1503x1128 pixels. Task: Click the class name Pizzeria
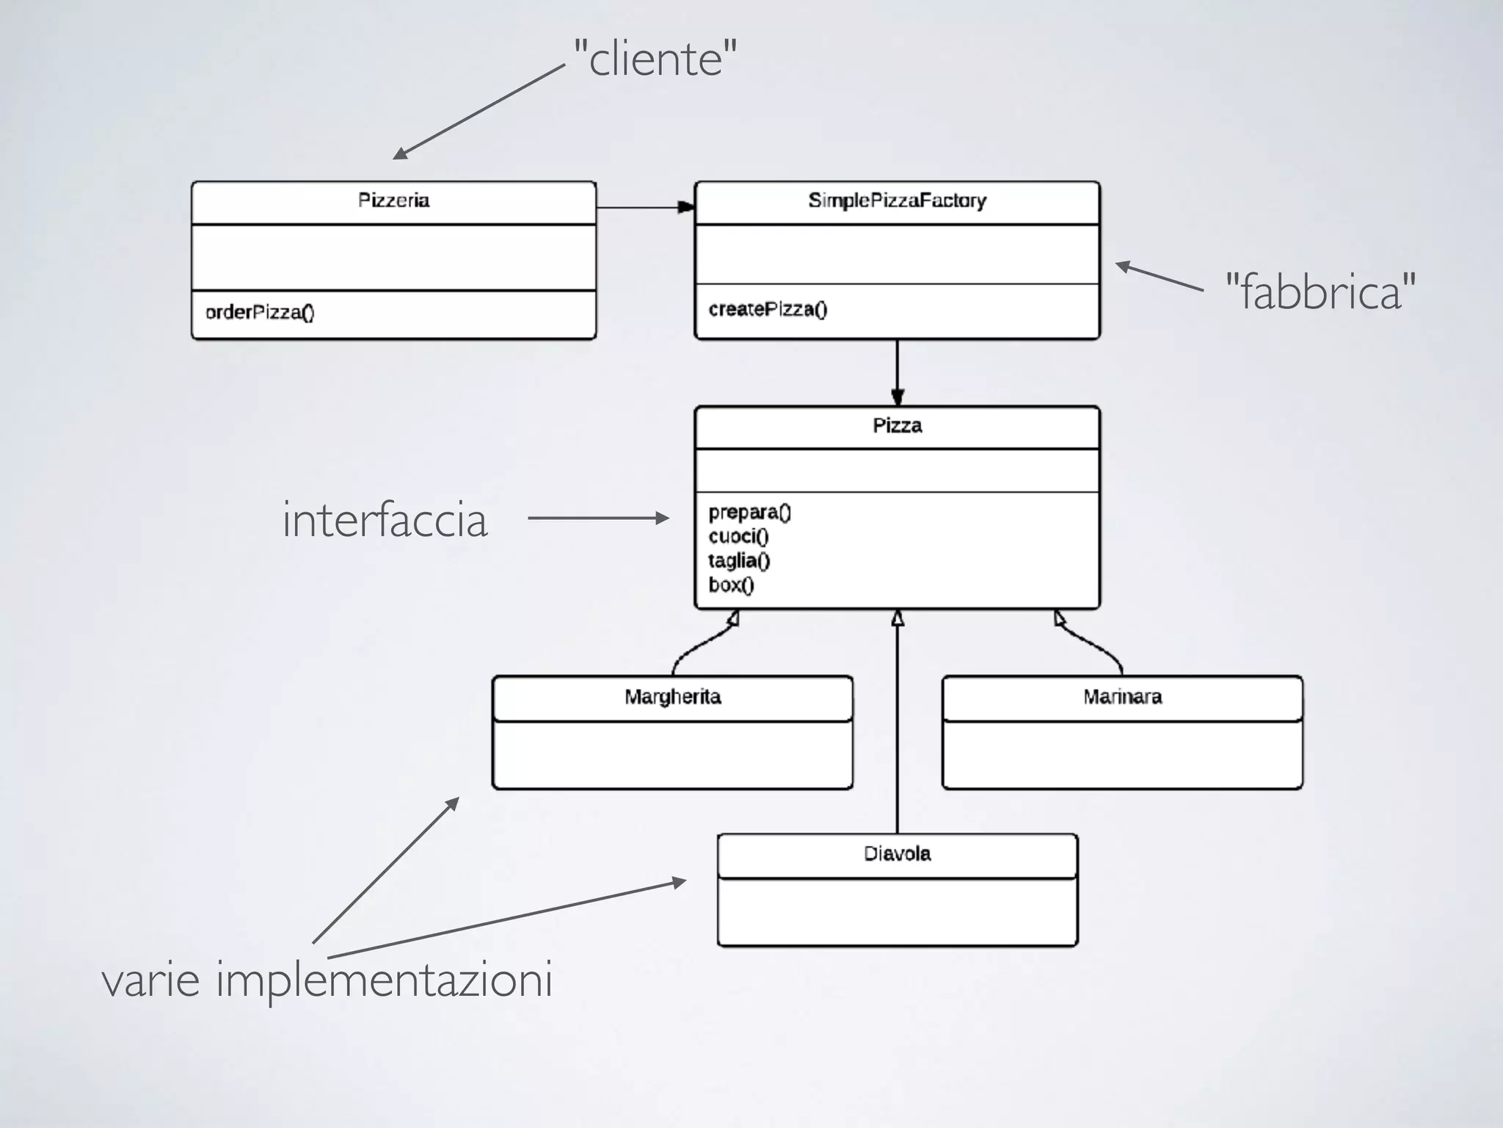click(393, 200)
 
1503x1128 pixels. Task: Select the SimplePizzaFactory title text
click(897, 200)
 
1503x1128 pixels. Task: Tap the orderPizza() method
click(260, 313)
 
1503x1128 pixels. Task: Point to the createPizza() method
click(768, 309)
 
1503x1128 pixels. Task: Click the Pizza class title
click(897, 426)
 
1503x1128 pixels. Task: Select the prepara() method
click(749, 513)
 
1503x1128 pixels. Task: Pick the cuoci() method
click(738, 537)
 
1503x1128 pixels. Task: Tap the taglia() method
click(739, 561)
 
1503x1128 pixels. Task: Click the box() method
click(731, 585)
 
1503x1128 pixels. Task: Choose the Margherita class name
click(672, 697)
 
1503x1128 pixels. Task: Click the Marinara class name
click(1122, 697)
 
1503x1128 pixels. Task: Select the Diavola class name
click(897, 854)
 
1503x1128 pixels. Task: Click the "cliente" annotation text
click(655, 59)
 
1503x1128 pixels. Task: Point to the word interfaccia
click(385, 520)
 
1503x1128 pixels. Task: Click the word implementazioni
click(384, 980)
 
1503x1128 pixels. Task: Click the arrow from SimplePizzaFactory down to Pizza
click(897, 372)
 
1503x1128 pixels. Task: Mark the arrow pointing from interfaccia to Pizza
click(598, 518)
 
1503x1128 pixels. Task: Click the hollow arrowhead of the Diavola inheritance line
click(897, 618)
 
